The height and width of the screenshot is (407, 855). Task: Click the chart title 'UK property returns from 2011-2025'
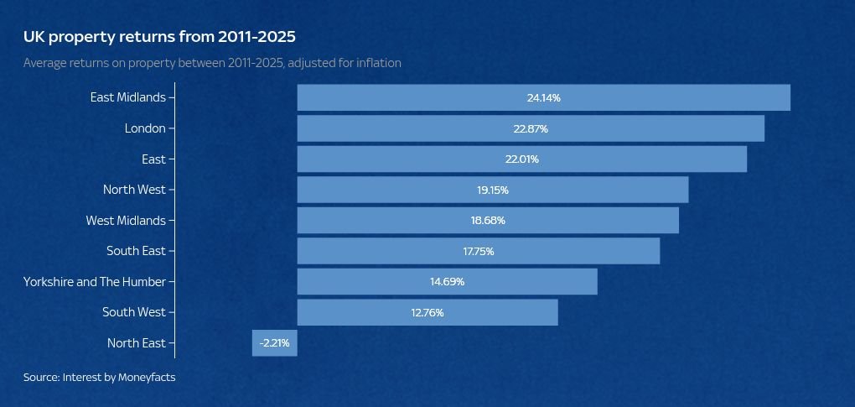159,37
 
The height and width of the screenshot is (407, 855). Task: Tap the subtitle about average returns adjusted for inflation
212,63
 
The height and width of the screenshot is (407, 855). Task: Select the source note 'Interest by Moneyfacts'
99,378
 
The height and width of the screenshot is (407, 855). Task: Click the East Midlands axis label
128,97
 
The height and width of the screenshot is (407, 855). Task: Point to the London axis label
145,128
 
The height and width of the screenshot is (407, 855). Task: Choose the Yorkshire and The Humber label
95,282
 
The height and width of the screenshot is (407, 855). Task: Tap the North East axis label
137,343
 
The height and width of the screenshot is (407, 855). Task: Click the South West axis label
134,312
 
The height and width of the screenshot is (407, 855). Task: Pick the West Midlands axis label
126,221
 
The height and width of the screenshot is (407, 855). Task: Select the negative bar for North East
274,343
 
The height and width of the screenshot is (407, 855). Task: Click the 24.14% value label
543,98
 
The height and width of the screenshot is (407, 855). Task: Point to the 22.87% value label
531,129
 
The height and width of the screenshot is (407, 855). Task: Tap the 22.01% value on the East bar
521,159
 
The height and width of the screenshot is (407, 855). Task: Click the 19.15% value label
493,190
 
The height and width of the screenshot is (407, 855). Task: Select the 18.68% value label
488,221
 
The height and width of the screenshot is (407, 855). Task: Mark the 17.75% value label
479,252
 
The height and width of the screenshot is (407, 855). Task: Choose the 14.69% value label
447,282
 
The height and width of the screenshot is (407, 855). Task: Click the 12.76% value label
427,313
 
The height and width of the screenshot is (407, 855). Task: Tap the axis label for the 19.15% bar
134,190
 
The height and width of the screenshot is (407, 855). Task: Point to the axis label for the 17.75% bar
136,251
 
